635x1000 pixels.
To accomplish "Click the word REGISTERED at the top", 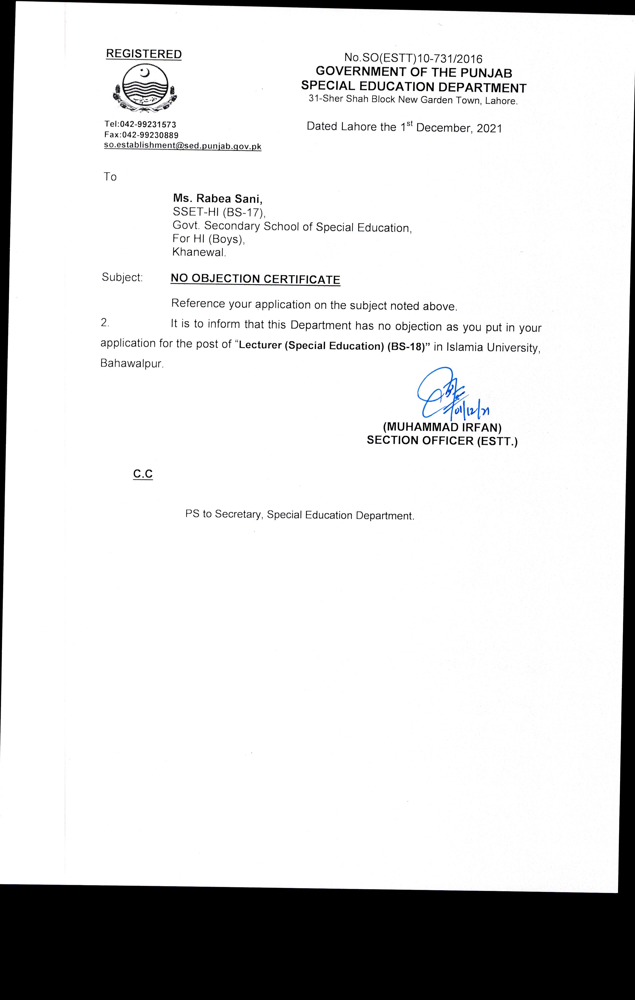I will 144,54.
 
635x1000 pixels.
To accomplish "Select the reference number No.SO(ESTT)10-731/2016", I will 413,58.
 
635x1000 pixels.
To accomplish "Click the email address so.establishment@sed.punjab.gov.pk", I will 183,146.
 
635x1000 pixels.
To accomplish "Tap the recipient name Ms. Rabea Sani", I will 218,199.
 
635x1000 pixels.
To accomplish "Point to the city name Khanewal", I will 199,252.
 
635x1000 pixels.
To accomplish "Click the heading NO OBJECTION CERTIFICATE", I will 255,279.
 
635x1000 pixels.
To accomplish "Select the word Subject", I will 122,277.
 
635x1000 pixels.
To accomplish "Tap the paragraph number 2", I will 105,322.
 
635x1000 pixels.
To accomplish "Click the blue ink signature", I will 441,390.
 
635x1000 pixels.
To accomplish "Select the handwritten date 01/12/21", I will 472,410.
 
